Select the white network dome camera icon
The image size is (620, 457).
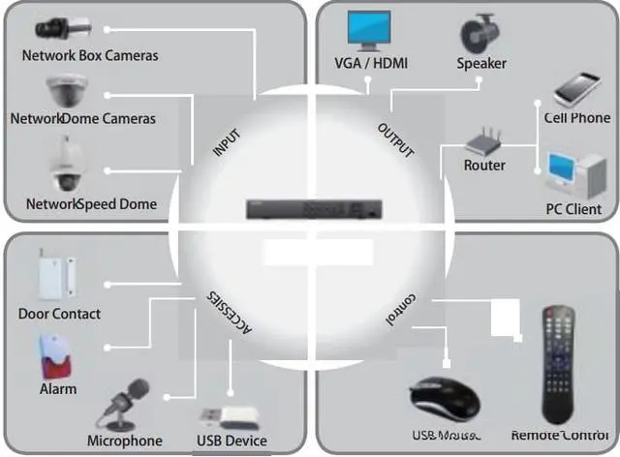coord(66,93)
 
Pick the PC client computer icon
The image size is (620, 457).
coord(573,174)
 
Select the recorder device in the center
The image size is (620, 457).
coord(314,208)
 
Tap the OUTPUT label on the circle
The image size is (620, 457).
coord(395,141)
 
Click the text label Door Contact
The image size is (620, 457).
coord(59,314)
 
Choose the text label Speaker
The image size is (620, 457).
coord(481,63)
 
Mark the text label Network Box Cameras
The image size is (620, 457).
coord(90,55)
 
